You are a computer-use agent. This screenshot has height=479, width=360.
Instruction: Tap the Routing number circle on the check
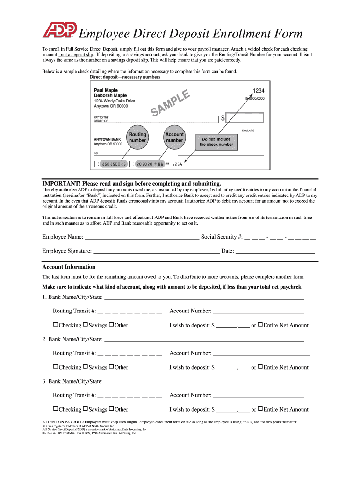[137, 138]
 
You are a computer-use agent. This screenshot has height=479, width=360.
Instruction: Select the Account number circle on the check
[174, 138]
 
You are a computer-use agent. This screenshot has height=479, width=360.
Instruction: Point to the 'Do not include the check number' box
[216, 142]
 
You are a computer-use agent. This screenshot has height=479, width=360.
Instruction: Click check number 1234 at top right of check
[259, 90]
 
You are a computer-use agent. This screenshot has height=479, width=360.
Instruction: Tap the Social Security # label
[222, 237]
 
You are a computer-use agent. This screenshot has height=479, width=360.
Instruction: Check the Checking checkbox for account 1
[56, 325]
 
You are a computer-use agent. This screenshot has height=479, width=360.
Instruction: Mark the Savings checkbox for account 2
[86, 367]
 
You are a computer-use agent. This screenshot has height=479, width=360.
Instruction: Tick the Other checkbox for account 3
[112, 409]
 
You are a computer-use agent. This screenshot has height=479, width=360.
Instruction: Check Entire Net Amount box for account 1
[260, 325]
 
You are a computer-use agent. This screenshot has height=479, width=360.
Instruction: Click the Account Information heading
[69, 267]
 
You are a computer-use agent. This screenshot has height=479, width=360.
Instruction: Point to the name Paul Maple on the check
[106, 90]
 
